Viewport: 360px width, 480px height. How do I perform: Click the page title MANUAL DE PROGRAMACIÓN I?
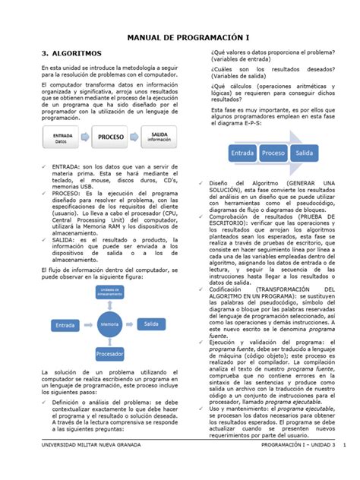pyautogui.click(x=180, y=37)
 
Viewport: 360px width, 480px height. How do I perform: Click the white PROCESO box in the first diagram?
pyautogui.click(x=109, y=138)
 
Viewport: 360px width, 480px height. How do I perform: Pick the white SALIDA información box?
pyautogui.click(x=159, y=137)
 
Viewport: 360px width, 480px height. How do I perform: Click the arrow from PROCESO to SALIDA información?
pyautogui.click(x=135, y=138)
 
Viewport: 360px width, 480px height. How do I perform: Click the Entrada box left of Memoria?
pyautogui.click(x=65, y=304)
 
